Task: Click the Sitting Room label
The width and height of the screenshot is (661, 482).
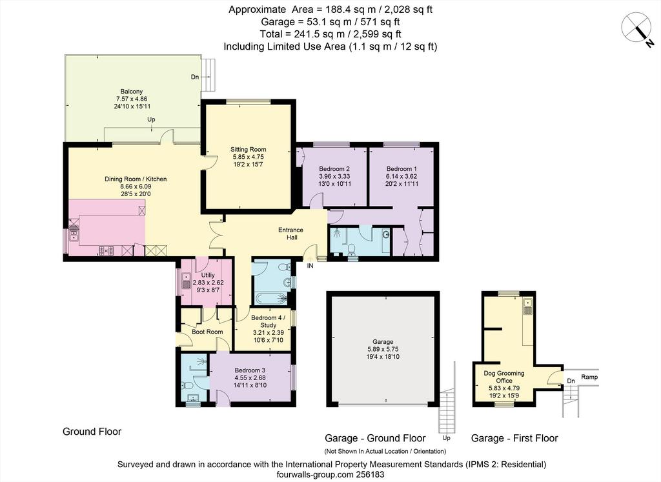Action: [248, 149]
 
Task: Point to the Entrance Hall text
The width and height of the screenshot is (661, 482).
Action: [291, 234]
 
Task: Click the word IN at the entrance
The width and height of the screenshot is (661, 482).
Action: [310, 266]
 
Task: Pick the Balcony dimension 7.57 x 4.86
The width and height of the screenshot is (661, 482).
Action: [132, 99]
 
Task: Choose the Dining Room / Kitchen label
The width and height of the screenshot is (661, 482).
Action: [136, 179]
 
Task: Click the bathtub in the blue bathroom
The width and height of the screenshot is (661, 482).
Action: [270, 299]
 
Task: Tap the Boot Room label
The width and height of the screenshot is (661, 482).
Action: [207, 332]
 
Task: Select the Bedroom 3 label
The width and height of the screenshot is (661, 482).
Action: [250, 370]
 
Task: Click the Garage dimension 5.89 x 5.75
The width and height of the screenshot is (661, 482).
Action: [382, 349]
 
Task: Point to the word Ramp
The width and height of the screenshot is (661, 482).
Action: [589, 377]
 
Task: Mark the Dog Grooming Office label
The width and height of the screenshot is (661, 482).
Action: [503, 377]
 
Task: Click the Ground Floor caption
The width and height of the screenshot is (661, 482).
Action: [92, 432]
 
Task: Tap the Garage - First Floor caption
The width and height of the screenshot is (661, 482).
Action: [514, 439]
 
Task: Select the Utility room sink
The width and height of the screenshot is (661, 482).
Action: [186, 281]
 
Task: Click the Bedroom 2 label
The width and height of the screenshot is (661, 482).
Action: [334, 168]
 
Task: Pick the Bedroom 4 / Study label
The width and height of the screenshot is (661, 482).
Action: [268, 321]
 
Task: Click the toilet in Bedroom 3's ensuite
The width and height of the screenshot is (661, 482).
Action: [187, 385]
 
